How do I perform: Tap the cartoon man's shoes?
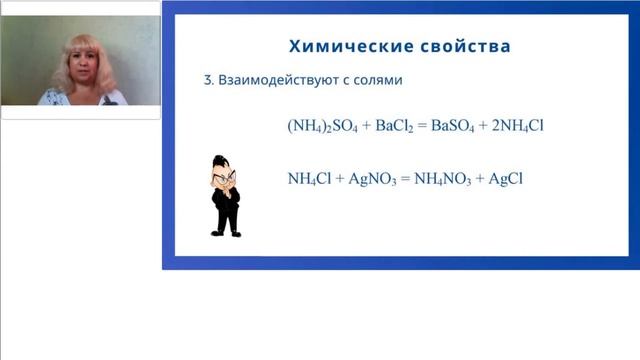[x=226, y=233]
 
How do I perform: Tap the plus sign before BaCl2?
[x=364, y=126]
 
